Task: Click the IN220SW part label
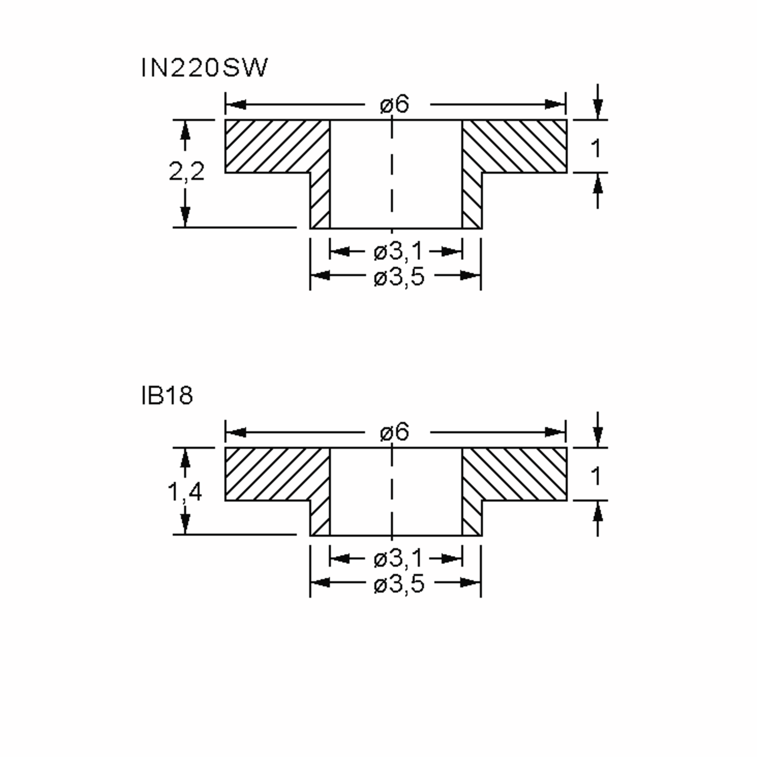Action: pyautogui.click(x=204, y=68)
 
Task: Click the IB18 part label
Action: pyautogui.click(x=167, y=396)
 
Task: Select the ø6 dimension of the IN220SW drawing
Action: pyautogui.click(x=395, y=105)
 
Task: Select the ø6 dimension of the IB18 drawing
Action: pyautogui.click(x=395, y=432)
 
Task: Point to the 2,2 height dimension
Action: pyautogui.click(x=186, y=172)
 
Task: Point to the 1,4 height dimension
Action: pyautogui.click(x=185, y=492)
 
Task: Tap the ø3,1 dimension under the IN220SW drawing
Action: pyautogui.click(x=398, y=251)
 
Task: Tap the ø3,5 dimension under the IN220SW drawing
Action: pyautogui.click(x=399, y=277)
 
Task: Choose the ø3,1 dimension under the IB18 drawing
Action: pyautogui.click(x=398, y=558)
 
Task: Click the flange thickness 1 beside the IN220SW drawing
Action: pyautogui.click(x=596, y=149)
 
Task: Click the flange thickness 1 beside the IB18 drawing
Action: pyautogui.click(x=596, y=476)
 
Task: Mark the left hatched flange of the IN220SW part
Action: pyautogui.click(x=274, y=146)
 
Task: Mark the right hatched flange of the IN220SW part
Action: pyautogui.click(x=517, y=146)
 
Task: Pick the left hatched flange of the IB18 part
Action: pyautogui.click(x=274, y=474)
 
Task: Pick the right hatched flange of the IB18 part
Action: pyautogui.click(x=517, y=474)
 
